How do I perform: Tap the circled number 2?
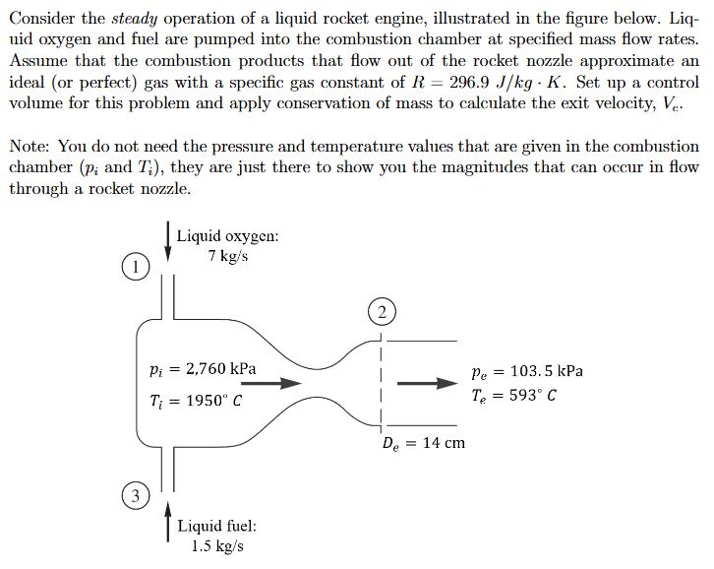pyautogui.click(x=380, y=313)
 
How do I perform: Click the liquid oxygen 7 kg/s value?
pyautogui.click(x=227, y=257)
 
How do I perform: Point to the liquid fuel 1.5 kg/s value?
pyautogui.click(x=217, y=545)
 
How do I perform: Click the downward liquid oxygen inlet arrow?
pyautogui.click(x=168, y=242)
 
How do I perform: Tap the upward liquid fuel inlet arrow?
pyautogui.click(x=168, y=521)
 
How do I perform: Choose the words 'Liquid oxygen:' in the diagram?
pyautogui.click(x=227, y=236)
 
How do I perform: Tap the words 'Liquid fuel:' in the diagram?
pyautogui.click(x=216, y=526)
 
